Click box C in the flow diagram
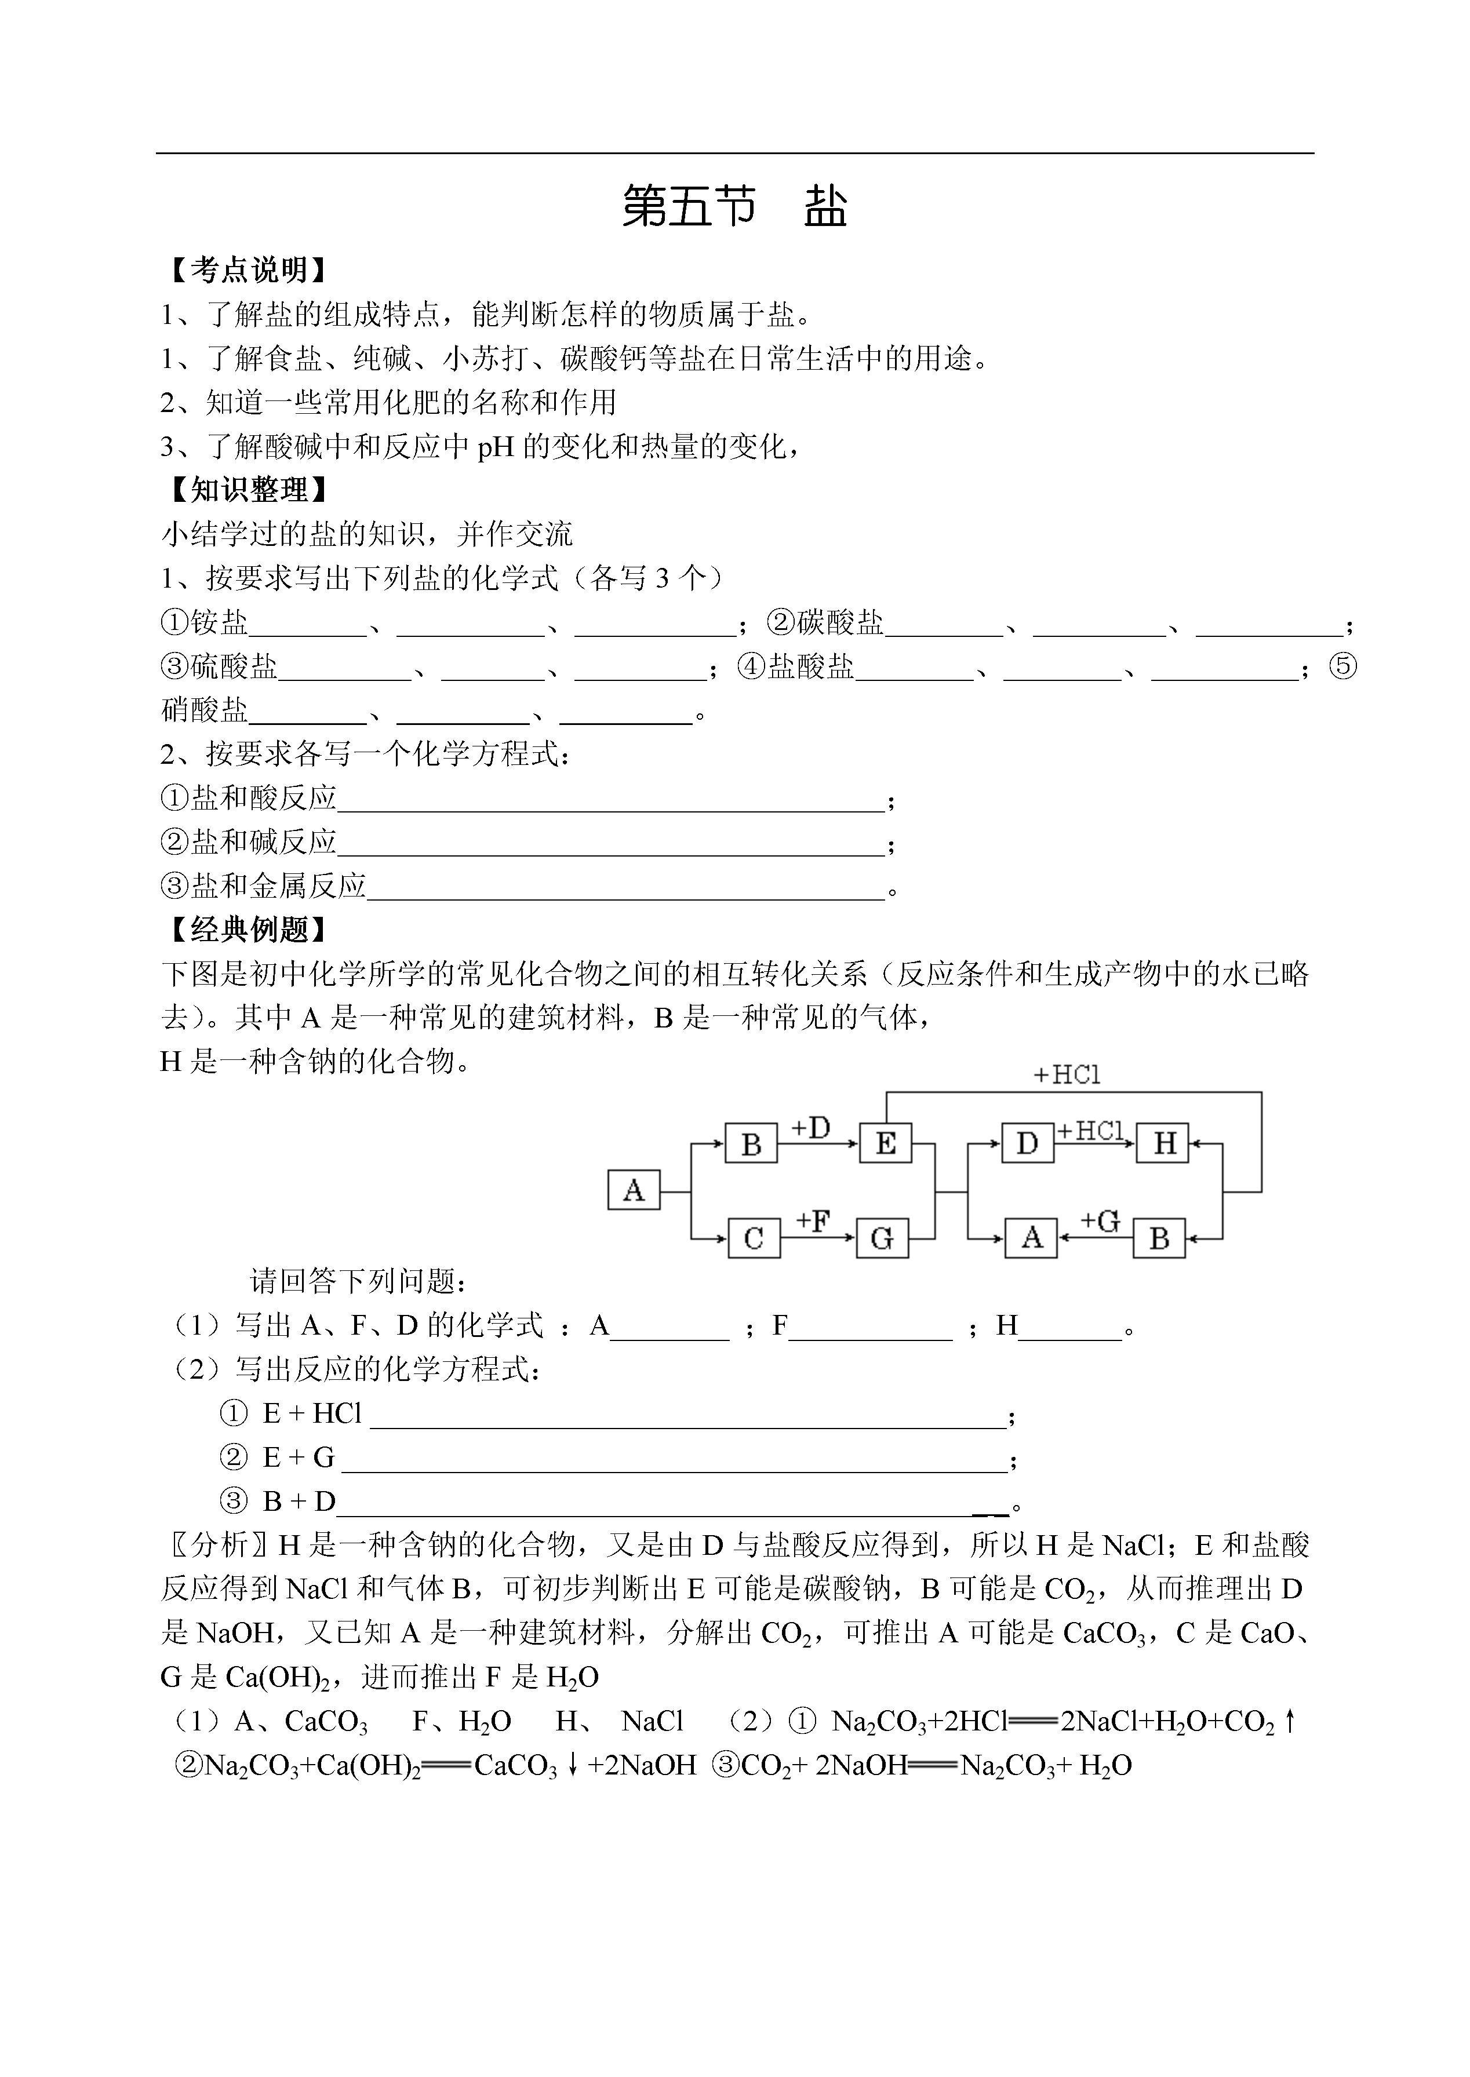[x=753, y=1238]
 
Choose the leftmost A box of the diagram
[x=634, y=1190]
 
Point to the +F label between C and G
[x=813, y=1221]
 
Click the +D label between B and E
[x=810, y=1128]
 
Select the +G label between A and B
[x=1099, y=1222]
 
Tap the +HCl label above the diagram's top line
[x=1067, y=1075]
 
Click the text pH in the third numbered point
[x=496, y=447]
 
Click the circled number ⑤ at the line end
[x=1343, y=667]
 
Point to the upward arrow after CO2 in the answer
[x=1290, y=1721]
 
